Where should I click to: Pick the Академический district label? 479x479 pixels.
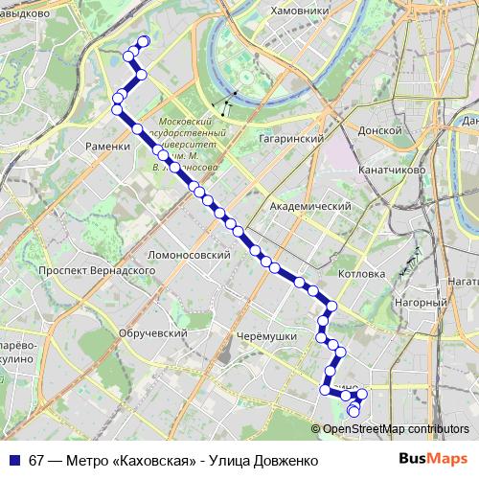[310, 206]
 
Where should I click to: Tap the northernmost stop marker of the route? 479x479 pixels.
[145, 40]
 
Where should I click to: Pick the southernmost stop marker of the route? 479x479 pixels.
[354, 412]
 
